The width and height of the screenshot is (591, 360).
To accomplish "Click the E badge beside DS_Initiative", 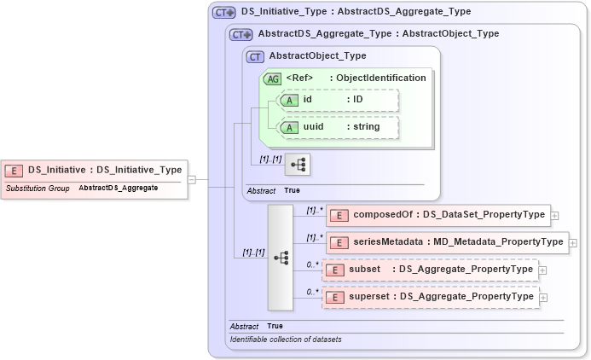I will pos(14,170).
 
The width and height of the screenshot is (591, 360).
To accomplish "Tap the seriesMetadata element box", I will pos(447,242).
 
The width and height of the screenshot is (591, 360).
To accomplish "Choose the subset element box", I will pos(430,270).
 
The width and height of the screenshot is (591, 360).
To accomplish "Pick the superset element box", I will pos(430,297).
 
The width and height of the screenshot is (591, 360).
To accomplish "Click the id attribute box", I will pos(339,100).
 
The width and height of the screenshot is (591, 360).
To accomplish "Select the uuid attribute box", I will pos(339,127).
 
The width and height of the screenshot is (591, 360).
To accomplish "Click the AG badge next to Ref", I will pos(273,78).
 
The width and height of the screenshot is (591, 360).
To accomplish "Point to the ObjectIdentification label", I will pos(380,78).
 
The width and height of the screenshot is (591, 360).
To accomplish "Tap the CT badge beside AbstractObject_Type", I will pos(255,56).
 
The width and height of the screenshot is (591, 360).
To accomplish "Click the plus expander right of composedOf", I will pos(555,216).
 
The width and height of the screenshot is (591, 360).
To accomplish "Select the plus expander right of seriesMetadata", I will pos(573,242).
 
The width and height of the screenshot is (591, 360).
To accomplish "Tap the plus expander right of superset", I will pos(543,297).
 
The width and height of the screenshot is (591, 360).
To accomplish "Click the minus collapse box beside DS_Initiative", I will pos(192,179).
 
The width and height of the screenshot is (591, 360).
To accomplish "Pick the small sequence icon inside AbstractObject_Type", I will pos(297,163).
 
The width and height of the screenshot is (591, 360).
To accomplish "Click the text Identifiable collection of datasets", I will pos(286,340).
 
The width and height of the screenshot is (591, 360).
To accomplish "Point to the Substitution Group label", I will pos(38,188).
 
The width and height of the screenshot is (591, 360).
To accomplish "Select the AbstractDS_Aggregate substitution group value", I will pos(118,188).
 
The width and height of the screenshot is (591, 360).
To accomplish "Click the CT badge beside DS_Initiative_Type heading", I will pos(224,13).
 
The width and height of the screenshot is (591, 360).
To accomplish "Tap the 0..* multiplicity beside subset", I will pos(313,264).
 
